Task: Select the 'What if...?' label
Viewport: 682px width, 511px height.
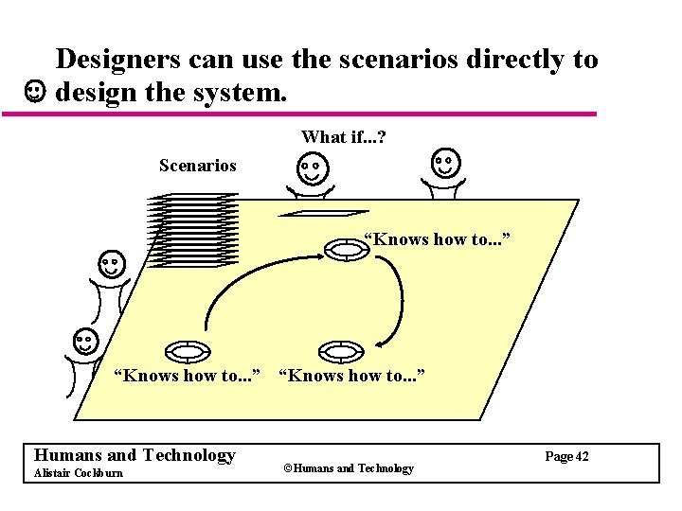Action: pyautogui.click(x=343, y=137)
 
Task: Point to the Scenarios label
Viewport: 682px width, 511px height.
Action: pyautogui.click(x=198, y=166)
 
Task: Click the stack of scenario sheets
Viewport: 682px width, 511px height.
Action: pyautogui.click(x=195, y=230)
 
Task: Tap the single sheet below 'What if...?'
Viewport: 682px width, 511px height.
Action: pyautogui.click(x=324, y=214)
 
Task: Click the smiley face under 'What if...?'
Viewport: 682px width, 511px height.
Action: pyautogui.click(x=312, y=170)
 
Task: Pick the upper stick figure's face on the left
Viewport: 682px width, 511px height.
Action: pyautogui.click(x=112, y=264)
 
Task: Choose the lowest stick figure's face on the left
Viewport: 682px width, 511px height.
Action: pyautogui.click(x=84, y=341)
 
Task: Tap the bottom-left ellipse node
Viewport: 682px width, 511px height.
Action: pyautogui.click(x=188, y=351)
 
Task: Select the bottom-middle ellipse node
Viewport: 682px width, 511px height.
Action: pyautogui.click(x=342, y=351)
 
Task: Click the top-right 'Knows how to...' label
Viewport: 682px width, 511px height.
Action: pyautogui.click(x=438, y=239)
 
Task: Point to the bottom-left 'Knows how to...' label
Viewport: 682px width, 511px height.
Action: pyautogui.click(x=187, y=376)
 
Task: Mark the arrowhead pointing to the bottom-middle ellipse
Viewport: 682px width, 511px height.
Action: pyautogui.click(x=381, y=343)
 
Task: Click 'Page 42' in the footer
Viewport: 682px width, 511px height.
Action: pyautogui.click(x=566, y=457)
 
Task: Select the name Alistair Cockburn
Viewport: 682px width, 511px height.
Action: pyautogui.click(x=78, y=473)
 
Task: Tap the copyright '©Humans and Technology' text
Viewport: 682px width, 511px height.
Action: pyautogui.click(x=348, y=468)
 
